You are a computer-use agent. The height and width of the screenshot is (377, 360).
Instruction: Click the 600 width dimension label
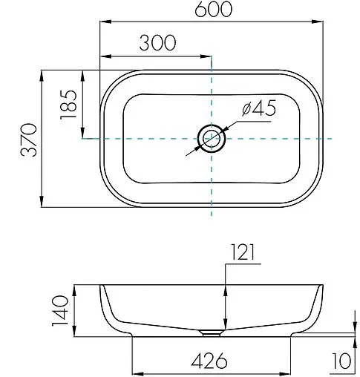[214, 9]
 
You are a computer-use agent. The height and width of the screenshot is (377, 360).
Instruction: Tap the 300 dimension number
[157, 43]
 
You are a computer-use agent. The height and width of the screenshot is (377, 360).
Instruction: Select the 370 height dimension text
[29, 140]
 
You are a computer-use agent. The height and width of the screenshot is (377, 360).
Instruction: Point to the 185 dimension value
[68, 105]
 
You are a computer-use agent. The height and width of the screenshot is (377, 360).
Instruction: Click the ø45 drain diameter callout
[259, 108]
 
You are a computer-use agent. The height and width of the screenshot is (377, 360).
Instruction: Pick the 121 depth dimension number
[243, 252]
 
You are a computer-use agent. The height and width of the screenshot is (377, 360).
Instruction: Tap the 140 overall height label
[60, 310]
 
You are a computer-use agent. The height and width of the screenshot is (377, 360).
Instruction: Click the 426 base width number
[209, 361]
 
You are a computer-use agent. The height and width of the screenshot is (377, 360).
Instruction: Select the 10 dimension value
[341, 361]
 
